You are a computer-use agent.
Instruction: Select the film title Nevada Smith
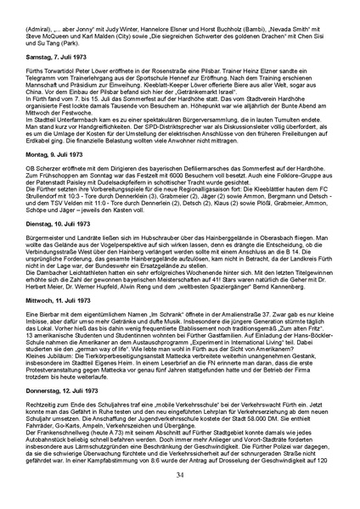point(292,28)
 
